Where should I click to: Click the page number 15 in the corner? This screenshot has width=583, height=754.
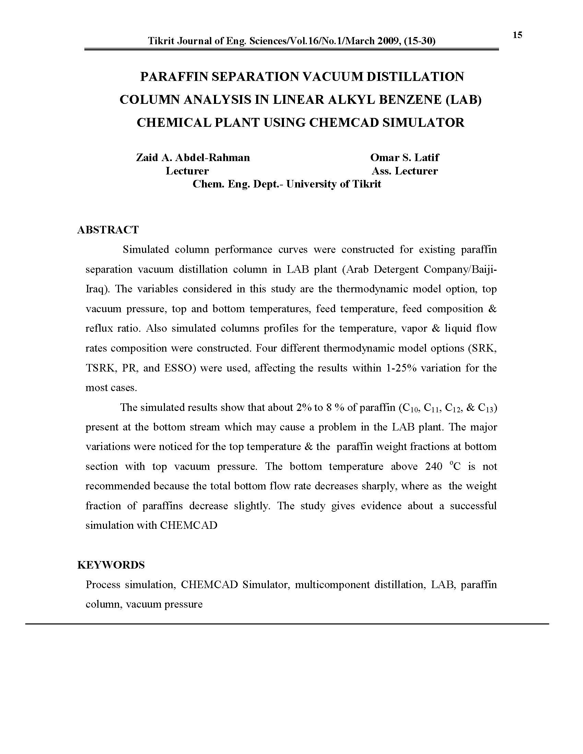click(517, 35)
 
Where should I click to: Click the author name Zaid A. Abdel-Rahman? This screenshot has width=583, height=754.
click(193, 158)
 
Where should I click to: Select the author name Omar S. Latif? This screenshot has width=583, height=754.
click(404, 158)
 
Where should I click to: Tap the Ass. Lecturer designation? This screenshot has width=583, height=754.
click(404, 171)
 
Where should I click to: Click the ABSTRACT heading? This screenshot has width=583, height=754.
click(108, 230)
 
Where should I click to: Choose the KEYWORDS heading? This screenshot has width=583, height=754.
click(111, 565)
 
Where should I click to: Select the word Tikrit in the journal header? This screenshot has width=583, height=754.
click(161, 41)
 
